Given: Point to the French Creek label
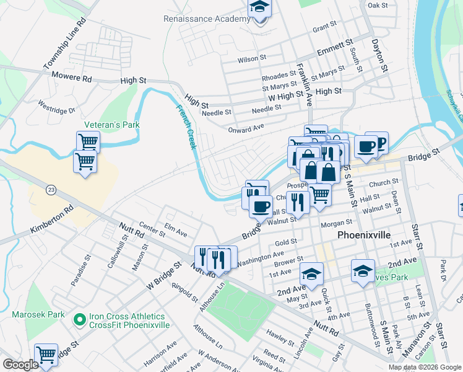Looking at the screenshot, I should pos(186,127).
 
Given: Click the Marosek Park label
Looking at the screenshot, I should pos(38,314).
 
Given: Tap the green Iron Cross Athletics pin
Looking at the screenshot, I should pos(79,320).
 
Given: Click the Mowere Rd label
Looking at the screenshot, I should pos(71,79).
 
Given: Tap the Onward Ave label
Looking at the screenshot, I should pos(246,128).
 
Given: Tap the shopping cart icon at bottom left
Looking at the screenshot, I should pos(46,355).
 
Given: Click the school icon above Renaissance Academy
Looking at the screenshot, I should pos(259,9).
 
